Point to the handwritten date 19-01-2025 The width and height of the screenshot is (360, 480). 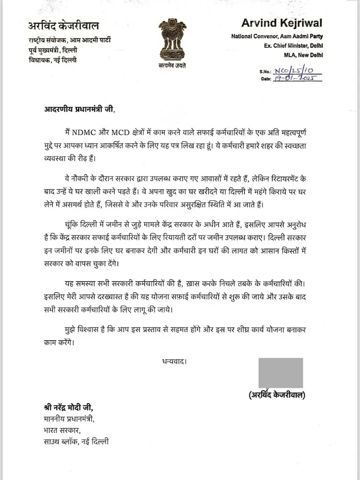[x=297, y=78]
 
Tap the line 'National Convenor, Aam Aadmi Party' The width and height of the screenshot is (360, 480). [x=276, y=36]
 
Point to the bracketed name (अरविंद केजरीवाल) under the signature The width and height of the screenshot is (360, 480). [x=277, y=395]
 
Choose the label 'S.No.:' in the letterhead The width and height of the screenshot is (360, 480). [x=266, y=71]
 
